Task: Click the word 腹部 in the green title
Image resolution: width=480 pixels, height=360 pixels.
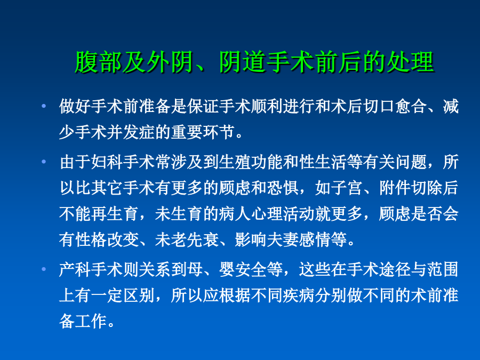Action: click(x=99, y=62)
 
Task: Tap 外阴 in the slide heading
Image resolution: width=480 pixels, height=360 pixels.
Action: click(x=171, y=62)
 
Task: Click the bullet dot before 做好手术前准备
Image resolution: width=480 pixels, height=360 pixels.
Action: click(x=44, y=106)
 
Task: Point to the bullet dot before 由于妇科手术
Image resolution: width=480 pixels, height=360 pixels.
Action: click(x=44, y=161)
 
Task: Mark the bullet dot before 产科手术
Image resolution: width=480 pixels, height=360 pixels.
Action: click(x=44, y=269)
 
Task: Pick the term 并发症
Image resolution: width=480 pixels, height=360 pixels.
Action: click(x=131, y=132)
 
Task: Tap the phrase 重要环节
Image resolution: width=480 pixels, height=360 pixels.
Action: click(x=202, y=132)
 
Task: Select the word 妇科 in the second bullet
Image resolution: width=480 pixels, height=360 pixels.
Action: click(x=107, y=161)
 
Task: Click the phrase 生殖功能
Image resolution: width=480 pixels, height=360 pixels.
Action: click(x=251, y=161)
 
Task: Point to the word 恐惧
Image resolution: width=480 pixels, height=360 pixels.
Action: click(x=283, y=187)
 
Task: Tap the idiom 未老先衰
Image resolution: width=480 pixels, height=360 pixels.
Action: click(x=187, y=239)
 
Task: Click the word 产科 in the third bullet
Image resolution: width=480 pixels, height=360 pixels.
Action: click(x=75, y=269)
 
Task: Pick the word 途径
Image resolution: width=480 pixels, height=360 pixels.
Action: click(x=395, y=269)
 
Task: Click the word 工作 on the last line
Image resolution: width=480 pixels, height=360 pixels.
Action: click(x=91, y=321)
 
